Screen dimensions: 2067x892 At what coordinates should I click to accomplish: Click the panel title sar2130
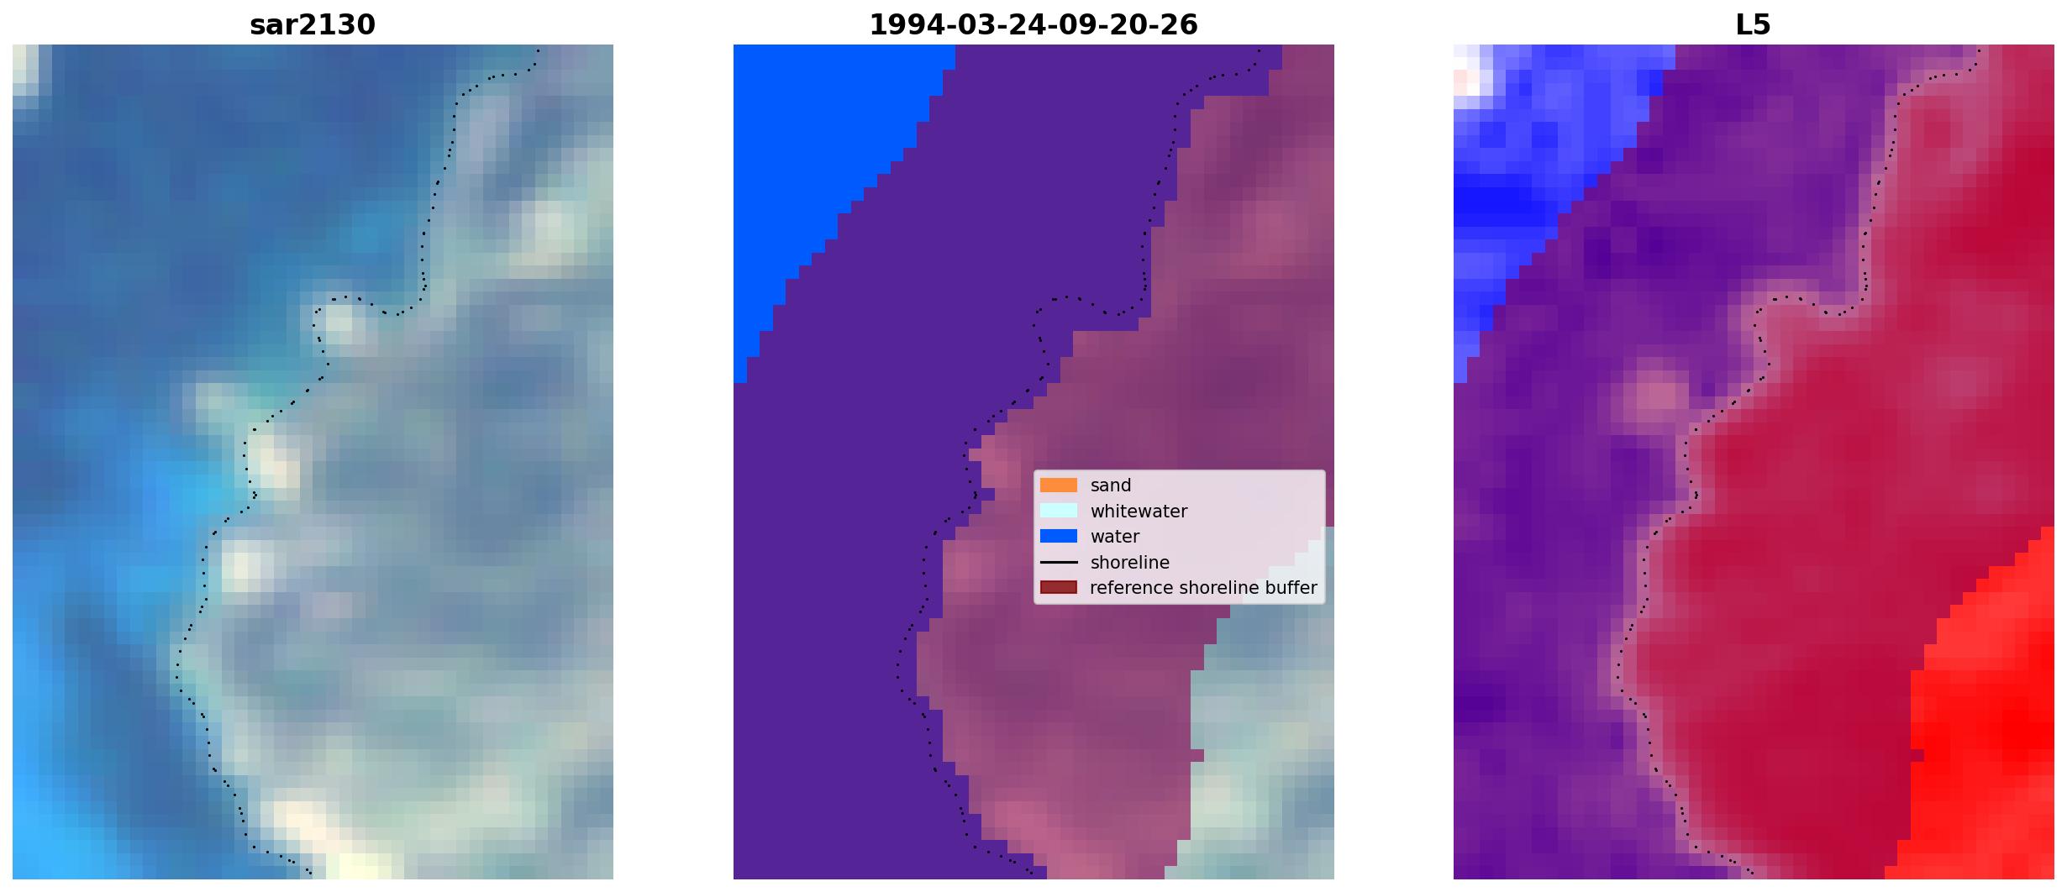(313, 25)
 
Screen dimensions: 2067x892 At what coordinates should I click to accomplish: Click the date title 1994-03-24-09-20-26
(1033, 25)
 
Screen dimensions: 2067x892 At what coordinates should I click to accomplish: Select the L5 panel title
(1754, 25)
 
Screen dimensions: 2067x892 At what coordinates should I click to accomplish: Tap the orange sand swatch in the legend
(1059, 485)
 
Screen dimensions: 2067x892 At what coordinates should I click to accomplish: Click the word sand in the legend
(1111, 485)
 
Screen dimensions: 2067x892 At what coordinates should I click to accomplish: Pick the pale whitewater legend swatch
(1059, 511)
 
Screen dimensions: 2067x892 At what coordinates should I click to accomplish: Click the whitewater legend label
(1139, 512)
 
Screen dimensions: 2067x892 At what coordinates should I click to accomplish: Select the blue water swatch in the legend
(1059, 536)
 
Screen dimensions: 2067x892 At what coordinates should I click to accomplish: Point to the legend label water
(1115, 537)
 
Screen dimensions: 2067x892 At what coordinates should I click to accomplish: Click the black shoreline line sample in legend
(1059, 562)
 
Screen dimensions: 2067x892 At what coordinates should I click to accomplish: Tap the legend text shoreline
(1130, 563)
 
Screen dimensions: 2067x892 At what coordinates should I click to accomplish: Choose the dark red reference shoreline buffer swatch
(1059, 587)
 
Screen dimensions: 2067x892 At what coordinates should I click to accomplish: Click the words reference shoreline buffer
(1203, 588)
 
